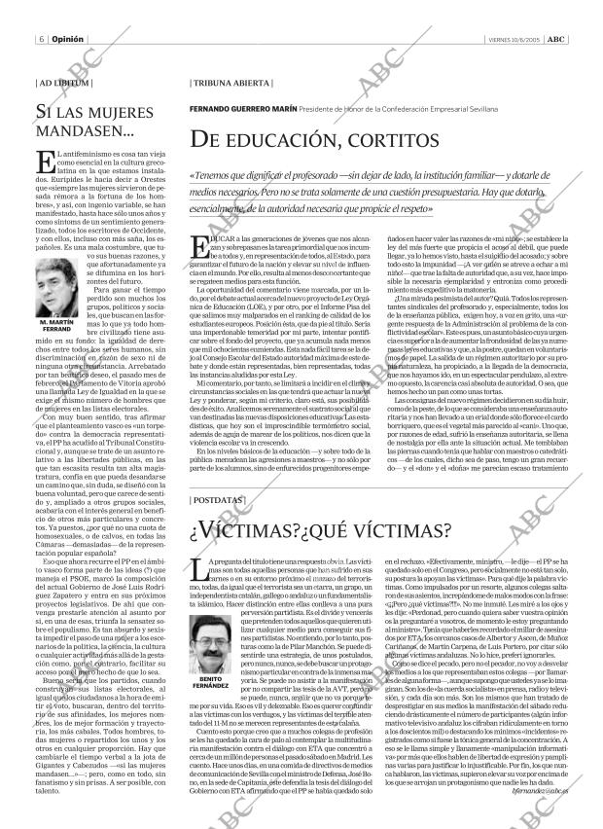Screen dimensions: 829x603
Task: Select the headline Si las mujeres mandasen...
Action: click(91, 121)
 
